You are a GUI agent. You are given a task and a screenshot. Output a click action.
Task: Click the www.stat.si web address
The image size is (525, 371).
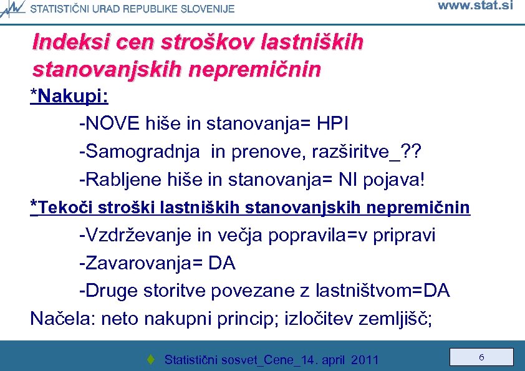475,6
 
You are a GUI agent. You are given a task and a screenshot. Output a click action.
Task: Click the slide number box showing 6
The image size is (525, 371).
481,357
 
